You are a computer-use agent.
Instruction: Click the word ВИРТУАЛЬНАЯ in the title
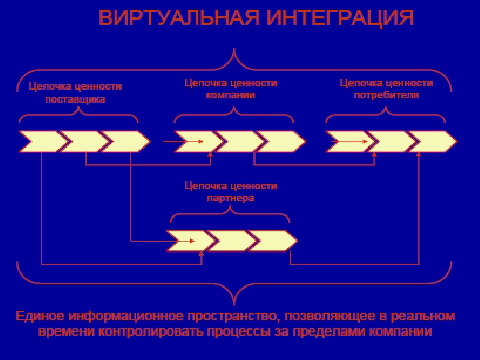tap(179, 18)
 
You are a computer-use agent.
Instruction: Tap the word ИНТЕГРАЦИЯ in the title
tap(340, 18)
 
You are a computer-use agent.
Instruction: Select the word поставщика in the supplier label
tap(75, 100)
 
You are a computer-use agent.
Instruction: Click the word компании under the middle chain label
tap(231, 95)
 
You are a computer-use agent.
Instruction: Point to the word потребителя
tap(386, 95)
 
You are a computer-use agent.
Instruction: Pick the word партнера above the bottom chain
tap(231, 198)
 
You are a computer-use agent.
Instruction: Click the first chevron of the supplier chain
tap(43, 141)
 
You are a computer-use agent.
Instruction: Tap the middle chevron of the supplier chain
tap(85, 141)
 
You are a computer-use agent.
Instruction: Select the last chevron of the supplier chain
tap(126, 141)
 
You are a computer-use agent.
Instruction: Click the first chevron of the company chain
tap(199, 141)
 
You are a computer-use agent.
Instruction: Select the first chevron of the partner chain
tap(191, 241)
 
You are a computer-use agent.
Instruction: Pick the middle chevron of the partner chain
tap(232, 241)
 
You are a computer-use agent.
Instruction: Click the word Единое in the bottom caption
tap(40, 316)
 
